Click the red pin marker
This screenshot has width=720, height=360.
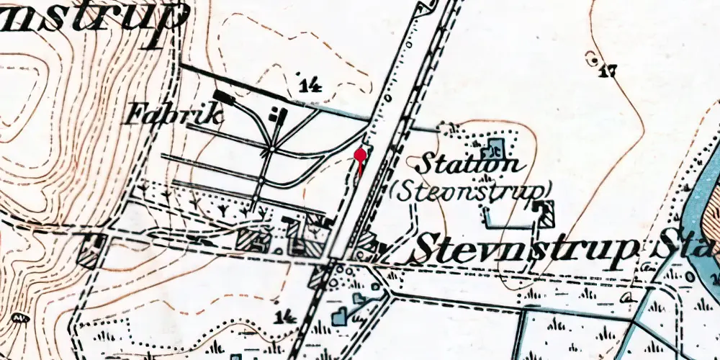361,154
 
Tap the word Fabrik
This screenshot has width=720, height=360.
163,114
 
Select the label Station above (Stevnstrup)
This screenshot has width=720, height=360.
469,163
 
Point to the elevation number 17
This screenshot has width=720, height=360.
609,71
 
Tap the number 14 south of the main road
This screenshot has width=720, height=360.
286,317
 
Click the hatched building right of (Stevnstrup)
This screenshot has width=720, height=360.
546,212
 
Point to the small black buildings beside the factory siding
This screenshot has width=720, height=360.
276,114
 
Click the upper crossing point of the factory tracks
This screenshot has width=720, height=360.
270,150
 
